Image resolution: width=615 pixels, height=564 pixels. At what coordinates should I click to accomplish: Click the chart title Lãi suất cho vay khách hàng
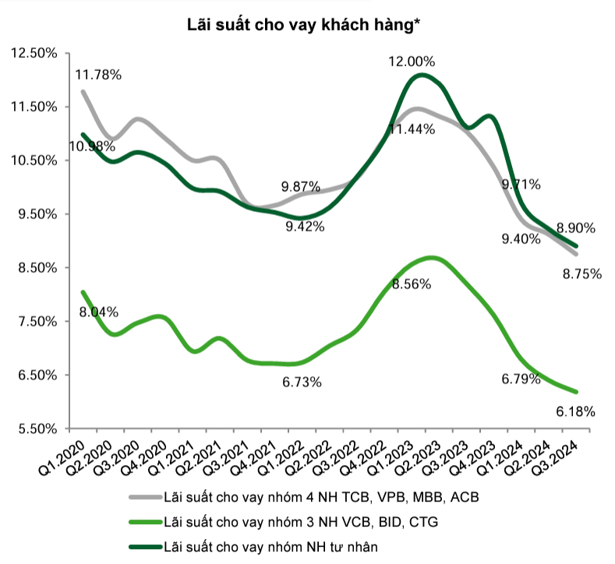tap(306, 25)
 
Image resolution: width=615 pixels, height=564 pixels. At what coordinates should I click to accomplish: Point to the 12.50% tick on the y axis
tap(34, 53)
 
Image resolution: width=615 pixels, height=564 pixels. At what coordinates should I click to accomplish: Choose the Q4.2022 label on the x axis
tap(362, 453)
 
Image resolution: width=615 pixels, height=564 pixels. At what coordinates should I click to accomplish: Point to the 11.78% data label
tap(98, 75)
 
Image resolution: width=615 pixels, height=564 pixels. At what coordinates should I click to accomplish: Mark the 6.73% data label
tap(302, 382)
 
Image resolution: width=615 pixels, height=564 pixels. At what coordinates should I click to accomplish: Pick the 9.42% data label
tap(304, 227)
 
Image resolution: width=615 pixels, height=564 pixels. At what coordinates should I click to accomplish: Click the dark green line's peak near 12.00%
tap(421, 75)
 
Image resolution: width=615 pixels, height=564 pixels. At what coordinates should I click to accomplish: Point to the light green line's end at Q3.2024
tap(575, 392)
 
